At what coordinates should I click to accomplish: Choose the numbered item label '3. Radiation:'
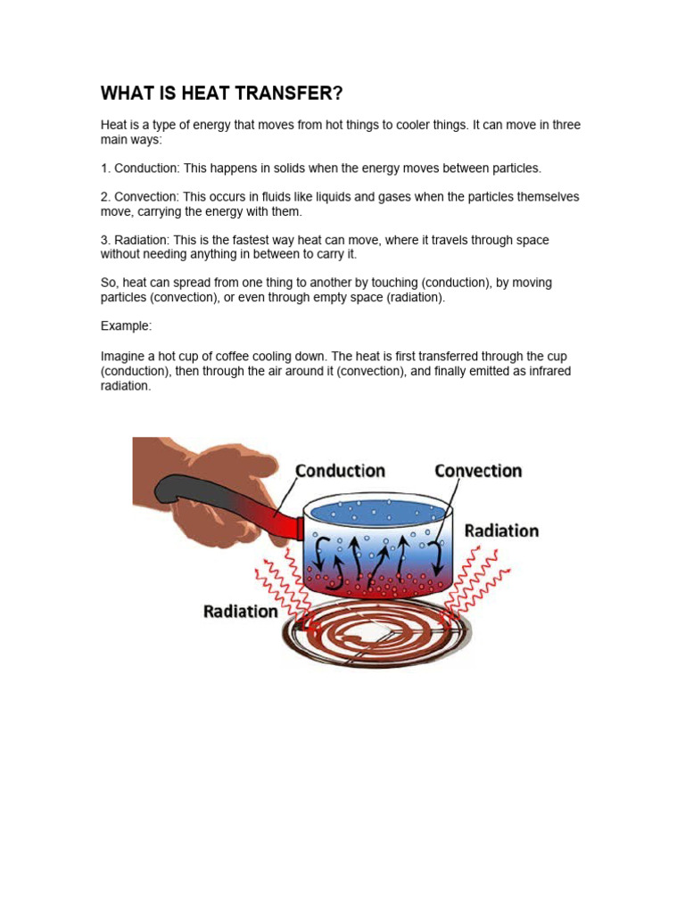pos(134,240)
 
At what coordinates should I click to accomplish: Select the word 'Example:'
pos(127,326)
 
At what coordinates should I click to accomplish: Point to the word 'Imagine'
pos(123,356)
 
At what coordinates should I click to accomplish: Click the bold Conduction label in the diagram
pos(340,471)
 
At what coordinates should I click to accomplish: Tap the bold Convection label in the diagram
pos(478,471)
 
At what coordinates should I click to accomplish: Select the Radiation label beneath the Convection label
pos(501,531)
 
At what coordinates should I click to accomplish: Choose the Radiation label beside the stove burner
pos(241,612)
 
